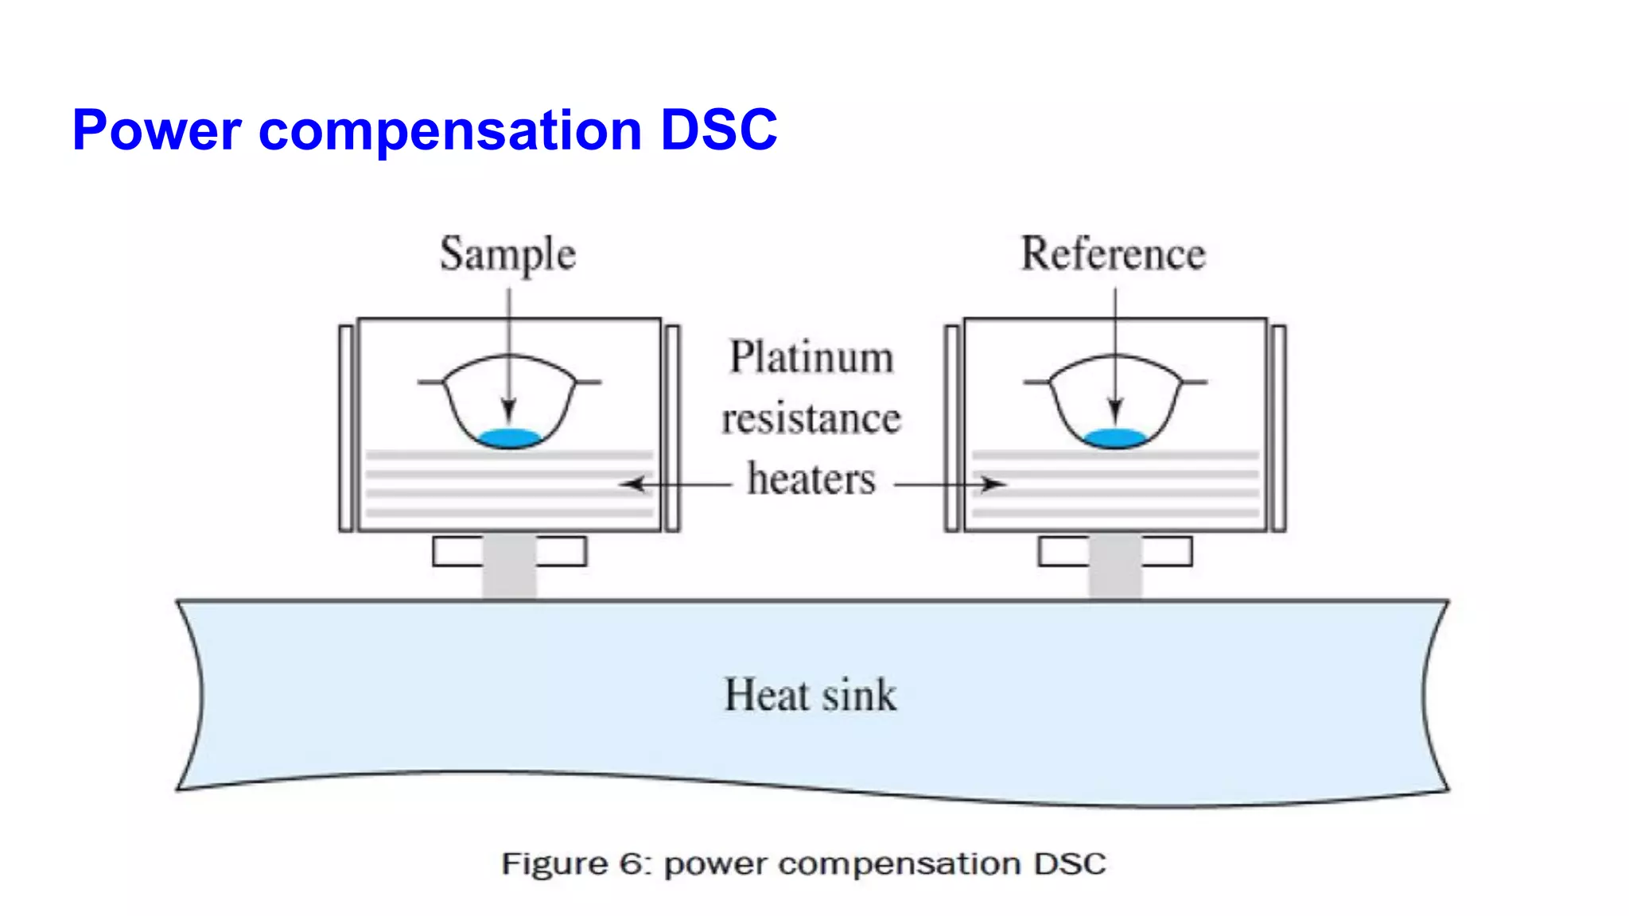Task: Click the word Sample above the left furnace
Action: tap(507, 254)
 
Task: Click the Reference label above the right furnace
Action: tap(1113, 254)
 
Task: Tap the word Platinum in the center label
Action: tap(811, 357)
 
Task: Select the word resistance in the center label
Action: tap(811, 419)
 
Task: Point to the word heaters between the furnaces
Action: tap(811, 479)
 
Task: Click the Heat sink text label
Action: tap(810, 695)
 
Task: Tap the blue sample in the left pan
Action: tap(509, 438)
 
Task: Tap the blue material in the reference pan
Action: tap(1115, 438)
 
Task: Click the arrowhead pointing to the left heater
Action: tap(632, 483)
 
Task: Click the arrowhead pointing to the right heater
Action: tap(994, 483)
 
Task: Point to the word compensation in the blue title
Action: tap(450, 131)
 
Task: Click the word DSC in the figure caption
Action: tap(1070, 864)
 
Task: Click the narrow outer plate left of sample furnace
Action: tap(346, 428)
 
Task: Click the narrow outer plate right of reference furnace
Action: tap(1278, 428)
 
